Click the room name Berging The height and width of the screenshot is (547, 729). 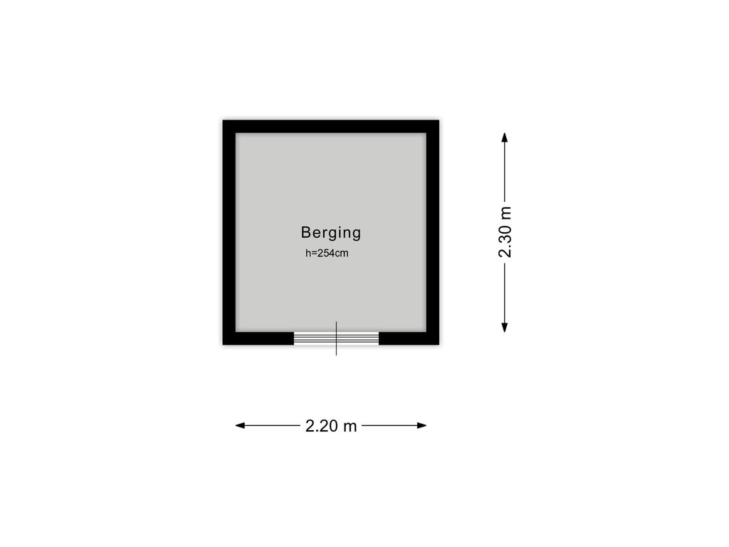[330, 233]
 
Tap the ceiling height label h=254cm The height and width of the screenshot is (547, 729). [327, 254]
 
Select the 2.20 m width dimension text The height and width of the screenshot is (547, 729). [331, 426]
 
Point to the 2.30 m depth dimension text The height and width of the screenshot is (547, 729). [505, 232]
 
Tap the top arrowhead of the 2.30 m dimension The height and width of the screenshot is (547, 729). [505, 137]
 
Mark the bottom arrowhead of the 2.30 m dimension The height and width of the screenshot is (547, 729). [505, 328]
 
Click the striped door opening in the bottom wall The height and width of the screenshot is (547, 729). [336, 338]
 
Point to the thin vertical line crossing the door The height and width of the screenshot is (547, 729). [336, 338]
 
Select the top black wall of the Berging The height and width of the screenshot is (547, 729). [330, 127]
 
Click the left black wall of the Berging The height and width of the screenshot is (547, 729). [229, 233]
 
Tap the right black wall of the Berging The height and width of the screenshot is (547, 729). [433, 233]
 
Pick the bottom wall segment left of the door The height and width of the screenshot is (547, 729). [258, 338]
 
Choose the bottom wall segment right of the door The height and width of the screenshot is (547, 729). [409, 338]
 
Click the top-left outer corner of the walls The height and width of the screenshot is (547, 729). [223, 120]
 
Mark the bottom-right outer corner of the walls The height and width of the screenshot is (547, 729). [439, 345]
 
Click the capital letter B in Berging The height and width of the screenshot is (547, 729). [306, 231]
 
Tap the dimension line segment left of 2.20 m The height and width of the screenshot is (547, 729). [268, 425]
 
